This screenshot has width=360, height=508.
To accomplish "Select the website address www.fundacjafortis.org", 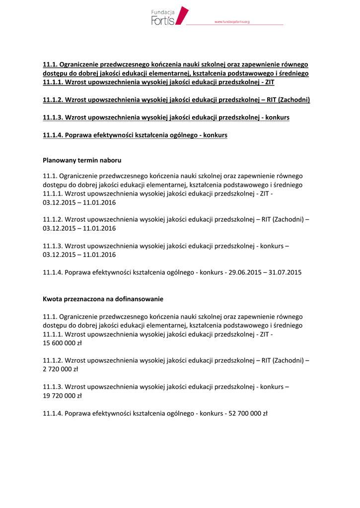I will (231, 22).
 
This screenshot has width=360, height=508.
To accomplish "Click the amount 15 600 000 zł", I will (63, 343).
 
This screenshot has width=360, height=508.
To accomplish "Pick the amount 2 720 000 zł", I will (61, 369).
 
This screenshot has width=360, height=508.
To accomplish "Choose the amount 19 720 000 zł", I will (63, 396).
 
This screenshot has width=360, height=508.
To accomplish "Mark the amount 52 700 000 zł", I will (248, 414).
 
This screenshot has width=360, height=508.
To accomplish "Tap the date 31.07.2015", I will (284, 272).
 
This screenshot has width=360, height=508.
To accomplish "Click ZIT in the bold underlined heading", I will (269, 82).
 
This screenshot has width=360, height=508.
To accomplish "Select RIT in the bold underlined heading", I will (272, 100).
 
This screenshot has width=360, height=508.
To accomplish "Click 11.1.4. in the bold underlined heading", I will (53, 135).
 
